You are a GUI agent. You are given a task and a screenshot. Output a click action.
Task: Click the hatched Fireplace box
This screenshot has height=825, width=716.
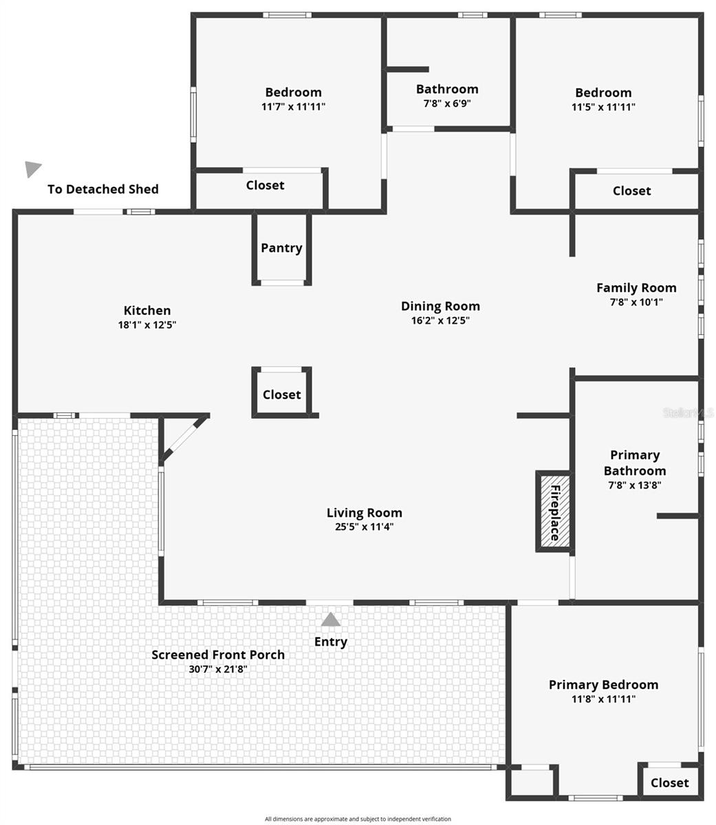(x=554, y=511)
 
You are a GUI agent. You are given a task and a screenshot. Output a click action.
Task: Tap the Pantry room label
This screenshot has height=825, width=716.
(x=281, y=248)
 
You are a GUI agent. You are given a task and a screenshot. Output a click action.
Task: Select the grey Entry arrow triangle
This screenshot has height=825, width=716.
(x=331, y=620)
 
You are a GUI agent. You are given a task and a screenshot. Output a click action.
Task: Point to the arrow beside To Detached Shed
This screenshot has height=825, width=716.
(x=32, y=168)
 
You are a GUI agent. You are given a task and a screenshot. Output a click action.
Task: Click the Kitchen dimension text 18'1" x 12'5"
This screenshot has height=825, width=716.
(x=147, y=325)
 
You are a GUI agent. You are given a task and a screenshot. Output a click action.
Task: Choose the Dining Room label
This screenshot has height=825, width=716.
(x=440, y=306)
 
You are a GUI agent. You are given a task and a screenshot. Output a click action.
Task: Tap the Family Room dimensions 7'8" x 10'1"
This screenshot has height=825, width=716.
(x=636, y=302)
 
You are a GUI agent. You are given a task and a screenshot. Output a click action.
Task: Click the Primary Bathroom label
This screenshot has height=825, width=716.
(x=635, y=463)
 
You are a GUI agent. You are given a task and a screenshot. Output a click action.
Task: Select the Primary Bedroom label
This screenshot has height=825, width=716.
(x=603, y=684)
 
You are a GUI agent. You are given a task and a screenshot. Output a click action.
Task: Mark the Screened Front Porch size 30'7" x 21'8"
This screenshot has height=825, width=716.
(x=218, y=669)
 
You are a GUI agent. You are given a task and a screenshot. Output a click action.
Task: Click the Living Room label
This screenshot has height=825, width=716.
(x=364, y=512)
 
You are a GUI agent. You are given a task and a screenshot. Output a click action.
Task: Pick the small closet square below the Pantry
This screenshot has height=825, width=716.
(x=282, y=394)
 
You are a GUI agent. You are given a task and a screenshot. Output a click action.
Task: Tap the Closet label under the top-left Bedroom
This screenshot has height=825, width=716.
(x=265, y=185)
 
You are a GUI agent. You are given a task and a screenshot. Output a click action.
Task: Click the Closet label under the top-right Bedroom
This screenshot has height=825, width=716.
(x=631, y=190)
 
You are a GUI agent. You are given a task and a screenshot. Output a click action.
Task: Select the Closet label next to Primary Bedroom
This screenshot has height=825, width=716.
(x=669, y=782)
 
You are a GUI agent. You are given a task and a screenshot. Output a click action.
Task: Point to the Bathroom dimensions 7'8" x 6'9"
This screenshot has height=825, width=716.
(x=447, y=104)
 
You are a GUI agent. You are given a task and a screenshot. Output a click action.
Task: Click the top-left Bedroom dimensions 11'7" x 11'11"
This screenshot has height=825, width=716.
(x=293, y=107)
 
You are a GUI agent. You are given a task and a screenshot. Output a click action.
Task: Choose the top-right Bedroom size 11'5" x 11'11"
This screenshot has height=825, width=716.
(x=603, y=107)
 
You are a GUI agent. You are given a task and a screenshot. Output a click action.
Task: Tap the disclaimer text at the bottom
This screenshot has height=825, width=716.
(x=358, y=819)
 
